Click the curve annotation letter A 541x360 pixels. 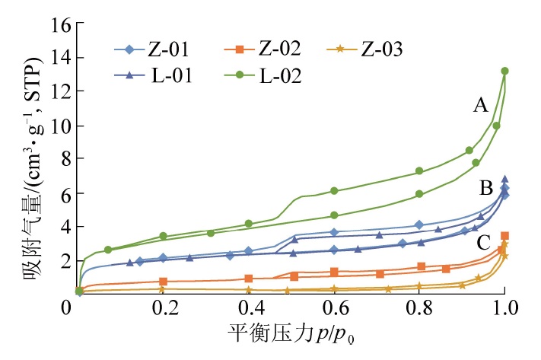pyautogui.click(x=480, y=107)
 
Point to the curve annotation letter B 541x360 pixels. pyautogui.click(x=485, y=187)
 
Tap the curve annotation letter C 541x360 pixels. pyautogui.click(x=483, y=244)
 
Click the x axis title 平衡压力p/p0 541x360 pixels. pyautogui.click(x=291, y=336)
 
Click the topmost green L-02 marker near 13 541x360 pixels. pyautogui.click(x=504, y=71)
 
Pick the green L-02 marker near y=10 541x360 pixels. pyautogui.click(x=496, y=126)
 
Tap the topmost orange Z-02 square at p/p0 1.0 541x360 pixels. pyautogui.click(x=504, y=236)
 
